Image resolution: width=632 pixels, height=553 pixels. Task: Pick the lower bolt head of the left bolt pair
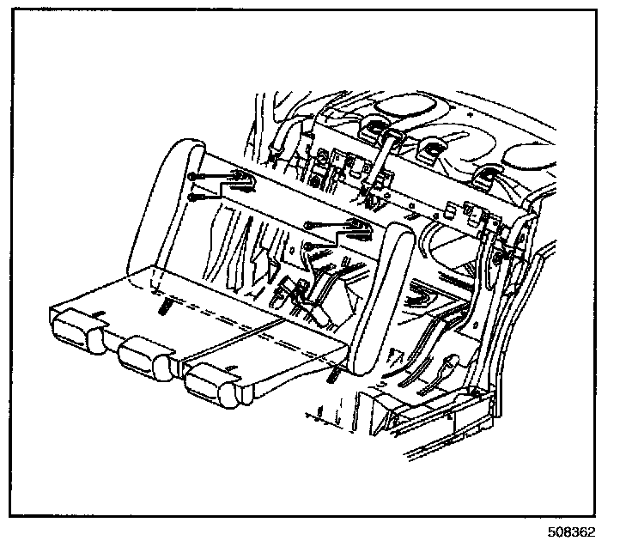coord(191,197)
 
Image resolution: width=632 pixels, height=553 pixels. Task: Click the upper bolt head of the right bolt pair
coord(309,226)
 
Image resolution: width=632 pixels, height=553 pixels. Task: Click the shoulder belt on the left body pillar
coord(282,142)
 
